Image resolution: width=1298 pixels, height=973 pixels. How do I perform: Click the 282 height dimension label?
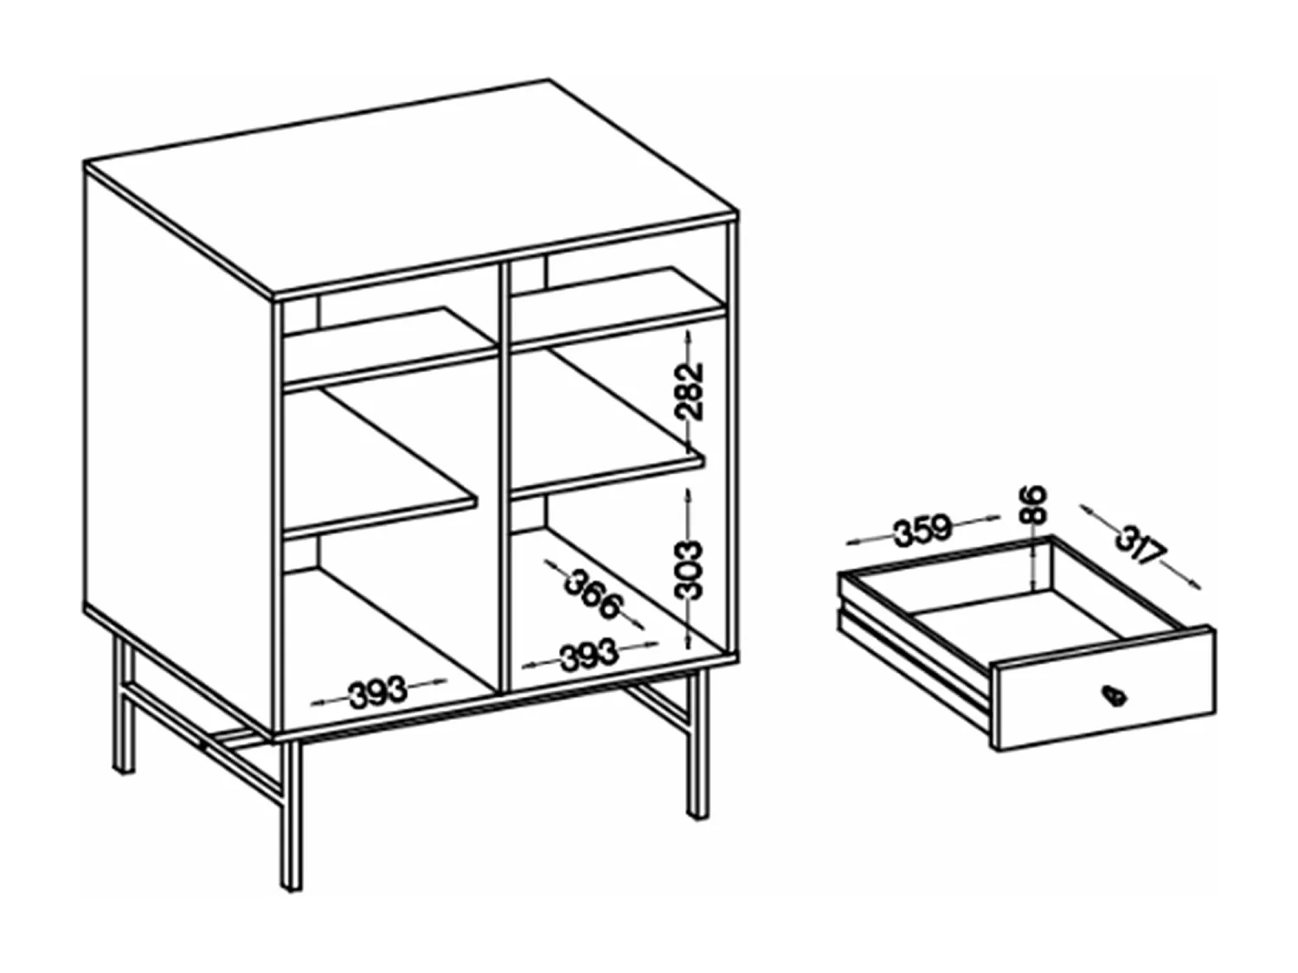coord(691,391)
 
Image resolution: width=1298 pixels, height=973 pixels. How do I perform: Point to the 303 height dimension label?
coord(690,569)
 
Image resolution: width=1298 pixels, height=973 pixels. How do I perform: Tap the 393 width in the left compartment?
coord(377,691)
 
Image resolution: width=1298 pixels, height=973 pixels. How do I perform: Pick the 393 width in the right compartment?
coord(588,656)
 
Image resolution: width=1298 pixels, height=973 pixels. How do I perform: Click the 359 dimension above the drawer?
coord(922,530)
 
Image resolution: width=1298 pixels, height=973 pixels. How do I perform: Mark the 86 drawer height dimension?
coord(1033,505)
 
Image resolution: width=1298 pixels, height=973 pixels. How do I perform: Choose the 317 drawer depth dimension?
coord(1141,546)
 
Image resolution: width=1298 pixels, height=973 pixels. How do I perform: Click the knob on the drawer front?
coord(1110,693)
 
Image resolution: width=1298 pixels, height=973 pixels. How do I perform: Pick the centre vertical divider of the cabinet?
coord(503,476)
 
